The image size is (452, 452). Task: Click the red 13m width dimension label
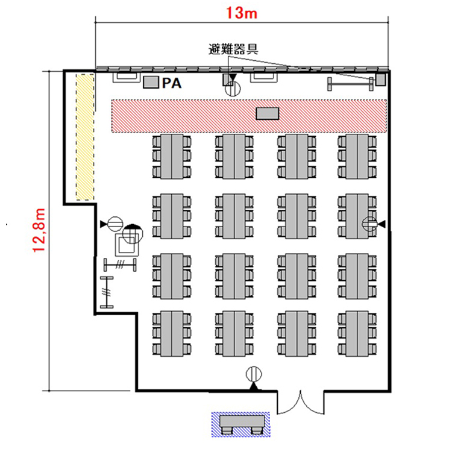(x=241, y=13)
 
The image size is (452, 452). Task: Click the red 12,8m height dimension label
(x=39, y=230)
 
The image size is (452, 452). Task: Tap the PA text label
(x=172, y=83)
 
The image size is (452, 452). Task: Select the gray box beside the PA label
(x=151, y=82)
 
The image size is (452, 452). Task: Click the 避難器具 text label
(x=233, y=49)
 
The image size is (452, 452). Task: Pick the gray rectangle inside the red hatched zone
(x=268, y=113)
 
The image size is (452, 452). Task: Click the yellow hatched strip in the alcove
(x=85, y=137)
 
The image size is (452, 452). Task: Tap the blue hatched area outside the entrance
(x=240, y=424)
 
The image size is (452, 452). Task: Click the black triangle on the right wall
(x=382, y=224)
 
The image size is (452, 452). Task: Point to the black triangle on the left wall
(x=103, y=224)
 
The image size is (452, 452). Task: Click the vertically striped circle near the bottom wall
(x=254, y=374)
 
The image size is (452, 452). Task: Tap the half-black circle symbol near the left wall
(x=133, y=233)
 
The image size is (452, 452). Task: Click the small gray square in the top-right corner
(x=380, y=80)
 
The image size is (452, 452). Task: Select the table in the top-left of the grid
(x=172, y=156)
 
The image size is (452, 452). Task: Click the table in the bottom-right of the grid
(x=357, y=333)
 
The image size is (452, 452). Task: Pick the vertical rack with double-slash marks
(x=107, y=292)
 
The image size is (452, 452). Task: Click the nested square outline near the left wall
(x=127, y=245)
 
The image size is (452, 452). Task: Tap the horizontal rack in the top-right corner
(x=350, y=84)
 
